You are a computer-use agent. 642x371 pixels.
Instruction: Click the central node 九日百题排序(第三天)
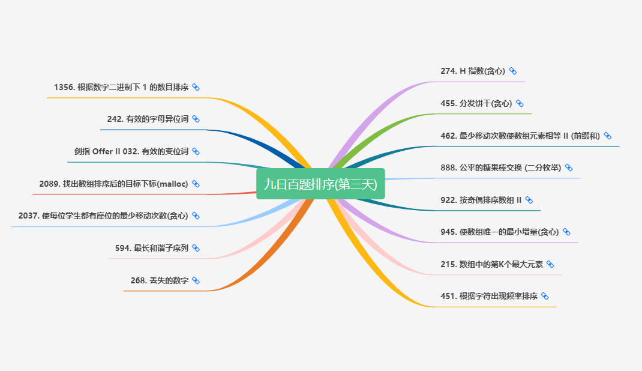click(x=320, y=184)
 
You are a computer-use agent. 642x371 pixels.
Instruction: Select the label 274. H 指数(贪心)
click(x=473, y=71)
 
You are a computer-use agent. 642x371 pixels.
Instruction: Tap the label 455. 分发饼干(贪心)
click(x=476, y=103)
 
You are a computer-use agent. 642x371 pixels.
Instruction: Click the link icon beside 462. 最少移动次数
click(x=608, y=136)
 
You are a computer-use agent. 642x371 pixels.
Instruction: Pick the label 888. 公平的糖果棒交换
click(x=500, y=167)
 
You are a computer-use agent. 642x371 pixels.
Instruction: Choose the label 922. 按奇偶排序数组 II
click(x=481, y=200)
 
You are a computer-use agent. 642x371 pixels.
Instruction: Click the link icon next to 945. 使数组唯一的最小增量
click(x=566, y=232)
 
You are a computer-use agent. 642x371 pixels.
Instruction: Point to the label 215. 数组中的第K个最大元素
click(x=491, y=264)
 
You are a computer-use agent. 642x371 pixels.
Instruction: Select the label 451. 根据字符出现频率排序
click(x=488, y=296)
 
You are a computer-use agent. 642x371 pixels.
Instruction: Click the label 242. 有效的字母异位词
click(x=148, y=119)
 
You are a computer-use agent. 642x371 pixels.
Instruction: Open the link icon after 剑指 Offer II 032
click(x=196, y=151)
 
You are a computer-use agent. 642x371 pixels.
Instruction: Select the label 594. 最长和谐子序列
click(x=152, y=248)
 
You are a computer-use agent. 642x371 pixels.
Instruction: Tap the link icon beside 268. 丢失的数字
click(x=196, y=280)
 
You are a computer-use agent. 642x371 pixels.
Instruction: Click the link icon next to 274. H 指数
click(x=513, y=71)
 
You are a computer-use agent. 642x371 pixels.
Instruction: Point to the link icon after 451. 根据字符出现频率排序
click(x=545, y=296)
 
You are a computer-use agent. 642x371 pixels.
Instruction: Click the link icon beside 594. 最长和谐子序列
click(x=196, y=248)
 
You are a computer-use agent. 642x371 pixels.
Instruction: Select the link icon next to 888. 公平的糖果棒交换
click(x=569, y=167)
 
